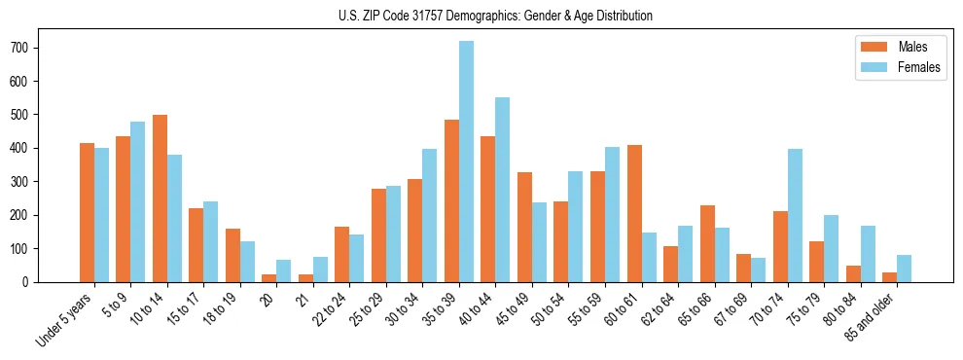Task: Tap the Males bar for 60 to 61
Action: point(634,213)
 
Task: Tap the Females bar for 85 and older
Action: point(905,269)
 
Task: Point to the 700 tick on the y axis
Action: point(38,48)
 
